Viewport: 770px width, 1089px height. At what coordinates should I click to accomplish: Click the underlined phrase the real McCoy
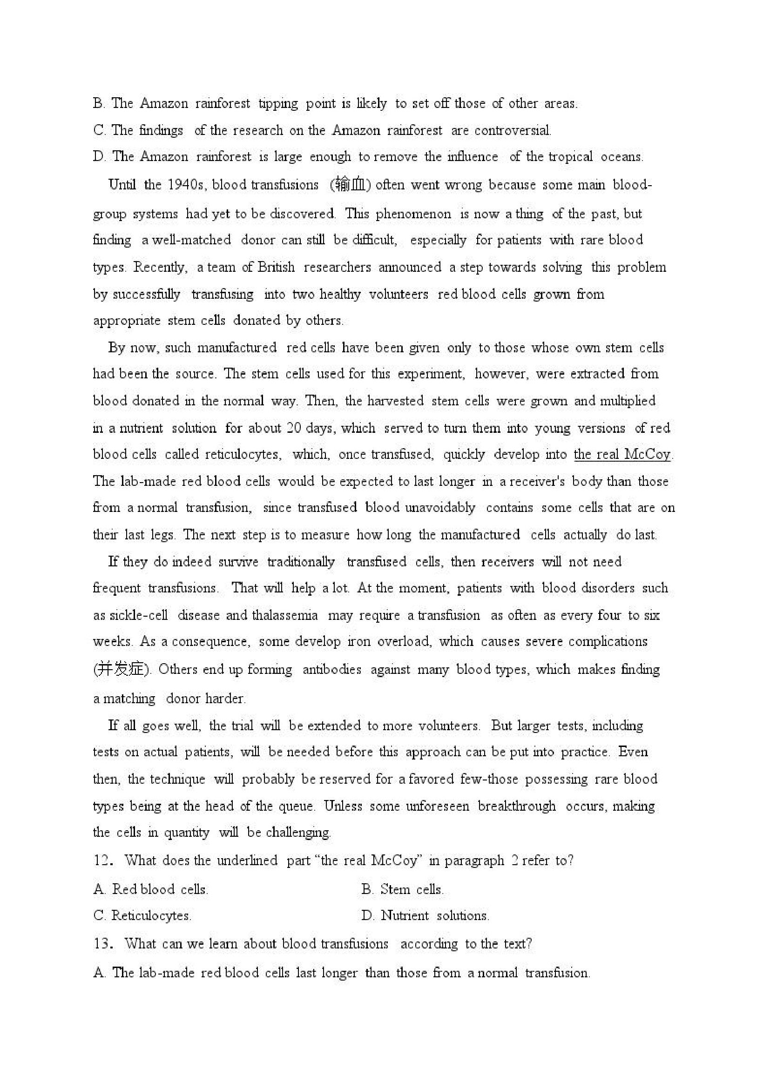[622, 454]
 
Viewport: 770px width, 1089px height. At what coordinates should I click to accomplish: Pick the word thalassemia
[284, 615]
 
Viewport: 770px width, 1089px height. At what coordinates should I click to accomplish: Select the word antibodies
[331, 669]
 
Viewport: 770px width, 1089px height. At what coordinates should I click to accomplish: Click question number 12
[103, 860]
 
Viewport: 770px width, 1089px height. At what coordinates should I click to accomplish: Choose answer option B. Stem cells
[402, 889]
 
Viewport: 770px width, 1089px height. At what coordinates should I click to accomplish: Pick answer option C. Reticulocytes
[142, 915]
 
